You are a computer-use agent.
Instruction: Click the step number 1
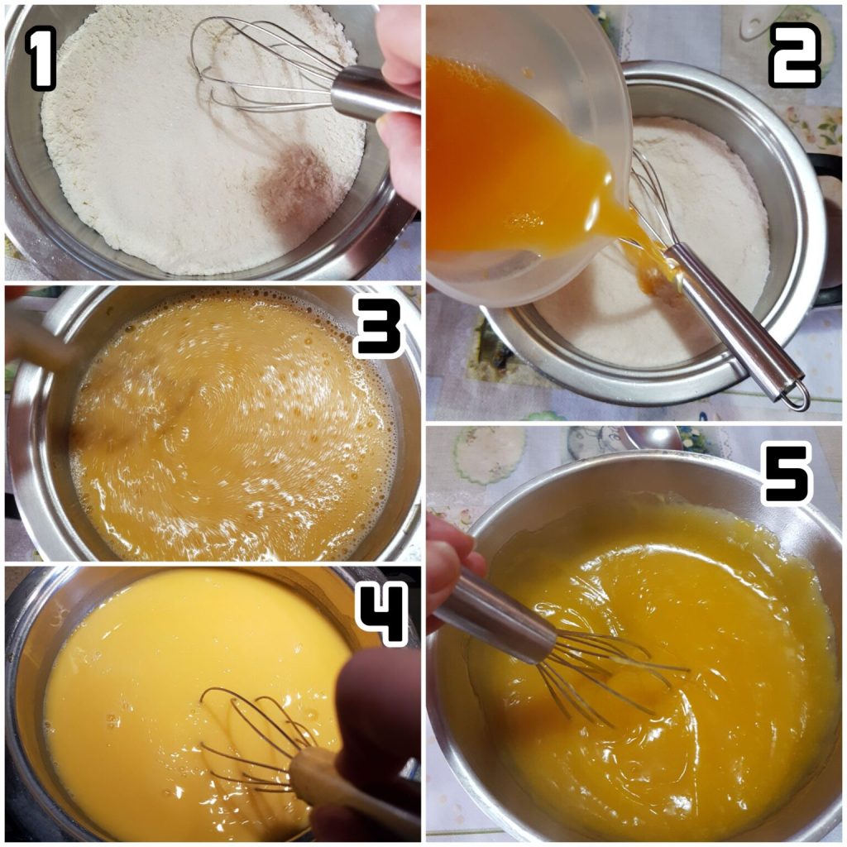(40, 58)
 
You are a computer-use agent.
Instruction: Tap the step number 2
(794, 55)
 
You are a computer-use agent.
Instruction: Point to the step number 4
(380, 615)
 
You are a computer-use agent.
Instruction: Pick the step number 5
(787, 474)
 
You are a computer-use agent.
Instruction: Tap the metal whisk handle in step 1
(373, 93)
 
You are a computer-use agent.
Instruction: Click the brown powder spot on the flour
(294, 184)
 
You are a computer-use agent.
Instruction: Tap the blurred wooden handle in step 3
(38, 337)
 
